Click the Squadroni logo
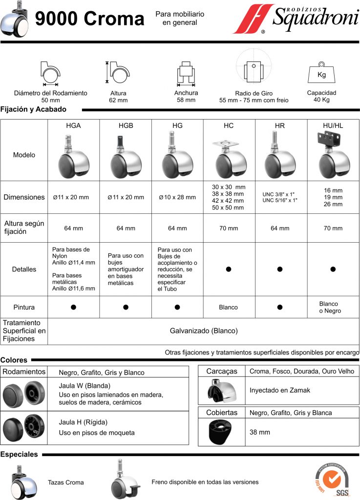[295, 20]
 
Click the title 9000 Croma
[90, 19]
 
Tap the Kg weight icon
[321, 74]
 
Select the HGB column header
[126, 125]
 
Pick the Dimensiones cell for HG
[177, 197]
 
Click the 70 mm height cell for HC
[228, 228]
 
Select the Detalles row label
[24, 269]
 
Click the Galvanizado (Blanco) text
[204, 331]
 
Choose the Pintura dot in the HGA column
[73, 307]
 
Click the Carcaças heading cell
[222, 371]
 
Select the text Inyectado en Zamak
[279, 390]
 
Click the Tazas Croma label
[65, 482]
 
